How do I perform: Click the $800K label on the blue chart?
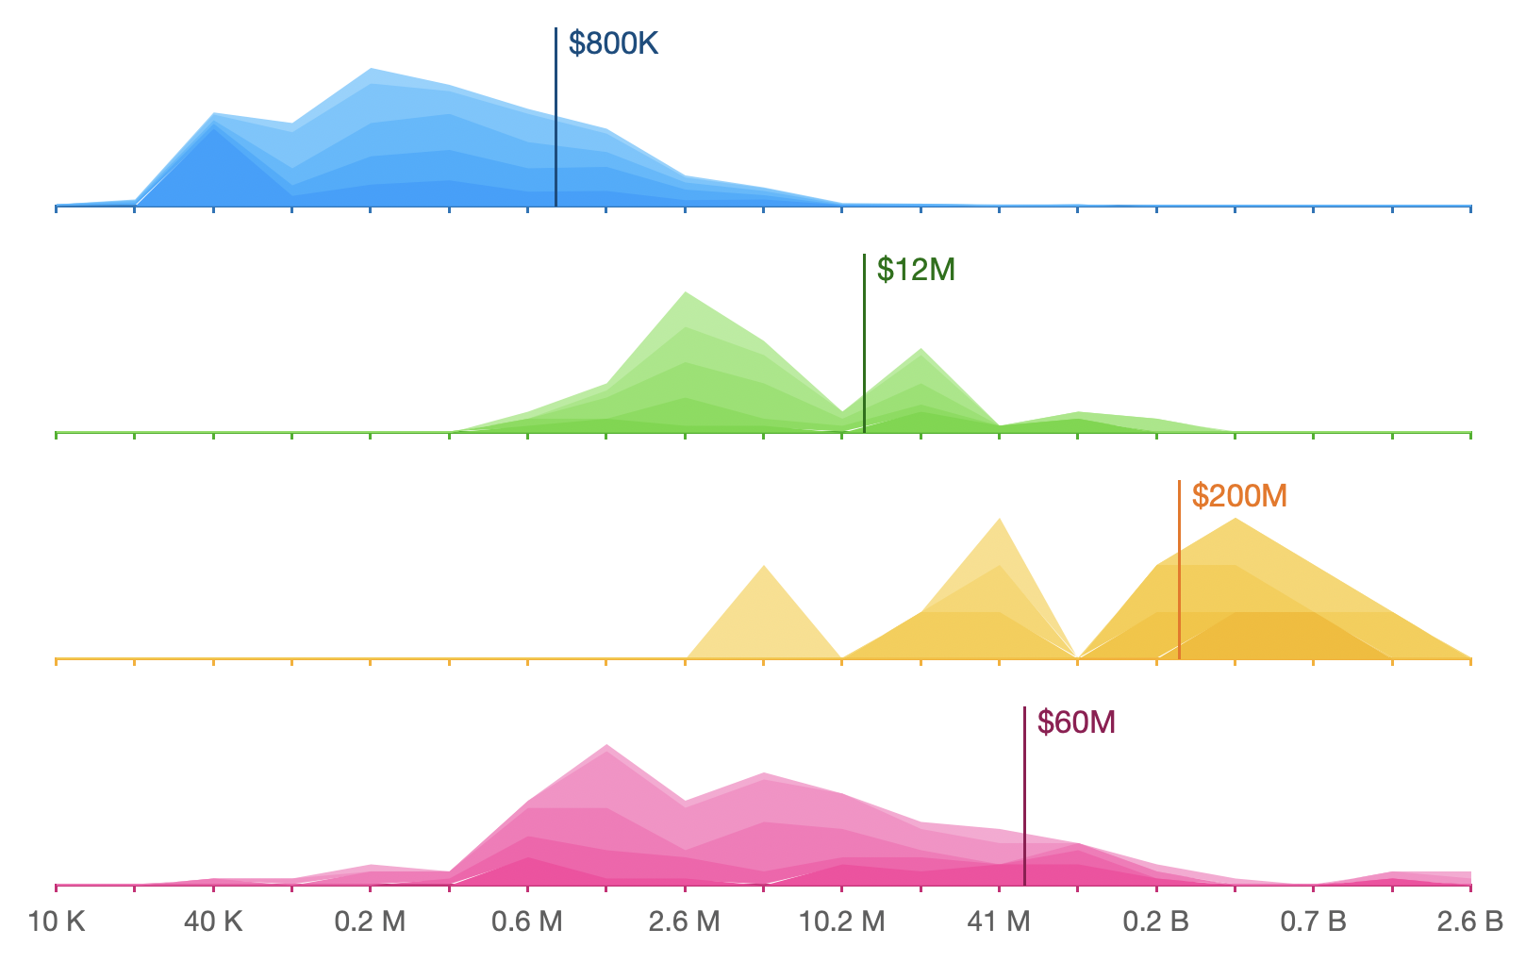(613, 43)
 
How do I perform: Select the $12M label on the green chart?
(916, 270)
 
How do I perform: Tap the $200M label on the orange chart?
(1239, 496)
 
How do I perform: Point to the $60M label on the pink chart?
(1076, 722)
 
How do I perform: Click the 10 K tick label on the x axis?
(57, 921)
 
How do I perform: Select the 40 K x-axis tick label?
(213, 921)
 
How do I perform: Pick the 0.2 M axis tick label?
(370, 921)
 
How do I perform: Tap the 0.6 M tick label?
(527, 921)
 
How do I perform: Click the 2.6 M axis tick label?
(684, 921)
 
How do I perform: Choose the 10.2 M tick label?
(841, 921)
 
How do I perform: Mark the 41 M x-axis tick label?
(999, 921)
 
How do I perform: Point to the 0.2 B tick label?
(1155, 921)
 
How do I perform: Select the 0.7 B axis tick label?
(1313, 921)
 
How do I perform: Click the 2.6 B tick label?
(1469, 921)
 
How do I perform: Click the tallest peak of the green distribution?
(686, 294)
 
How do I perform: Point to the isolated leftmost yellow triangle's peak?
(764, 568)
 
